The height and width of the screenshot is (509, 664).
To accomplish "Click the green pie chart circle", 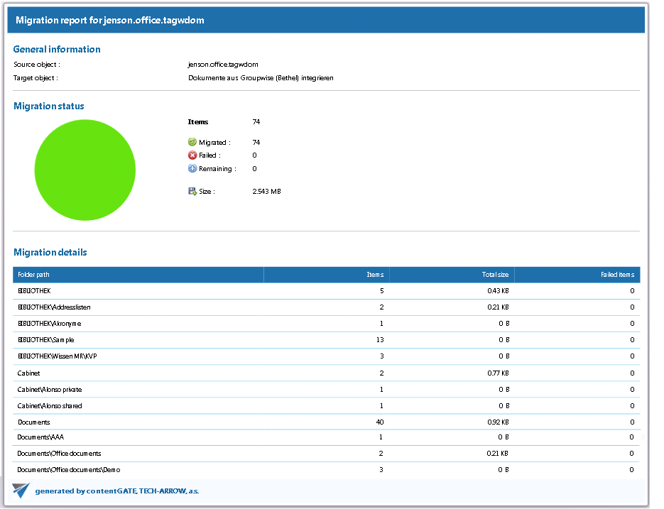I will [85, 170].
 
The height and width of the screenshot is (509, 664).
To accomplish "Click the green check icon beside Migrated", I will [192, 142].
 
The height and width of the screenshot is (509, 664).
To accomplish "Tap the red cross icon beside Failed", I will [192, 155].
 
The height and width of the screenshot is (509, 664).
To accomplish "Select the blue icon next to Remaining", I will [192, 169].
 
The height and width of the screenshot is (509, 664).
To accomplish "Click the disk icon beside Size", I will [192, 192].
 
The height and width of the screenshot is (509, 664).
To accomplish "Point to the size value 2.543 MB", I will [266, 192].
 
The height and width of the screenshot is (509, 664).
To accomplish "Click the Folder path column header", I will [34, 275].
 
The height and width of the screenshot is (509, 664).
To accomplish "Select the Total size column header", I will [494, 275].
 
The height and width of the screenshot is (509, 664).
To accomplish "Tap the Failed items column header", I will [617, 275].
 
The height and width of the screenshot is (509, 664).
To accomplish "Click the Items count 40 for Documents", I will [380, 422].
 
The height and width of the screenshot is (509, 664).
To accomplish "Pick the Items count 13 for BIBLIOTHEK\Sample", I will [380, 340].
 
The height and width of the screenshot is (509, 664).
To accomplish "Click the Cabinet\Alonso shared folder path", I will [50, 406].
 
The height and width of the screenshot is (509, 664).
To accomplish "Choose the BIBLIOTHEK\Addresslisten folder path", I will [54, 307].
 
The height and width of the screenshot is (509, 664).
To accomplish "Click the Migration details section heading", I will [50, 252].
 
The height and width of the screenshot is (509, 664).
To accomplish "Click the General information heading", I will [57, 50].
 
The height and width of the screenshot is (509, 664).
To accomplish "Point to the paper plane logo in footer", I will [21, 491].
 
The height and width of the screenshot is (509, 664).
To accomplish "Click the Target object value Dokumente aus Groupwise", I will [261, 78].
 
